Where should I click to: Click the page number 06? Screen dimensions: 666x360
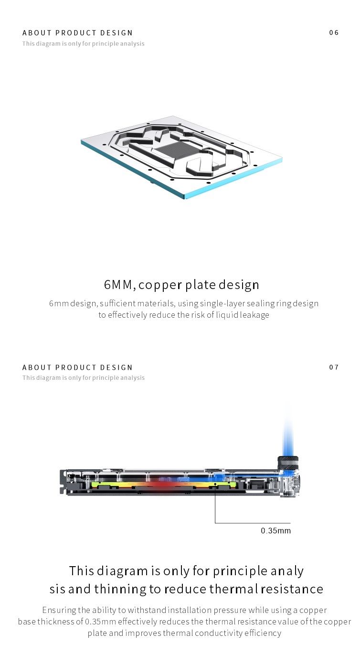tap(334, 32)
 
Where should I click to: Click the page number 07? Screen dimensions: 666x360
tap(334, 367)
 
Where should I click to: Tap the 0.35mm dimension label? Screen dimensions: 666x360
tap(275, 531)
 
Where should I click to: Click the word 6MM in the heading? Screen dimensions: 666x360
tap(119, 285)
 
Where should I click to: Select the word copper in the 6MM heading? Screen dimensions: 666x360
tap(160, 285)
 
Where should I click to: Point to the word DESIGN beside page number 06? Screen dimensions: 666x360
tap(116, 33)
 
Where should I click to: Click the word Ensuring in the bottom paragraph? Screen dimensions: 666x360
tap(59, 610)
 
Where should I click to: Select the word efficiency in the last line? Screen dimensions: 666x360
tap(264, 633)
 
